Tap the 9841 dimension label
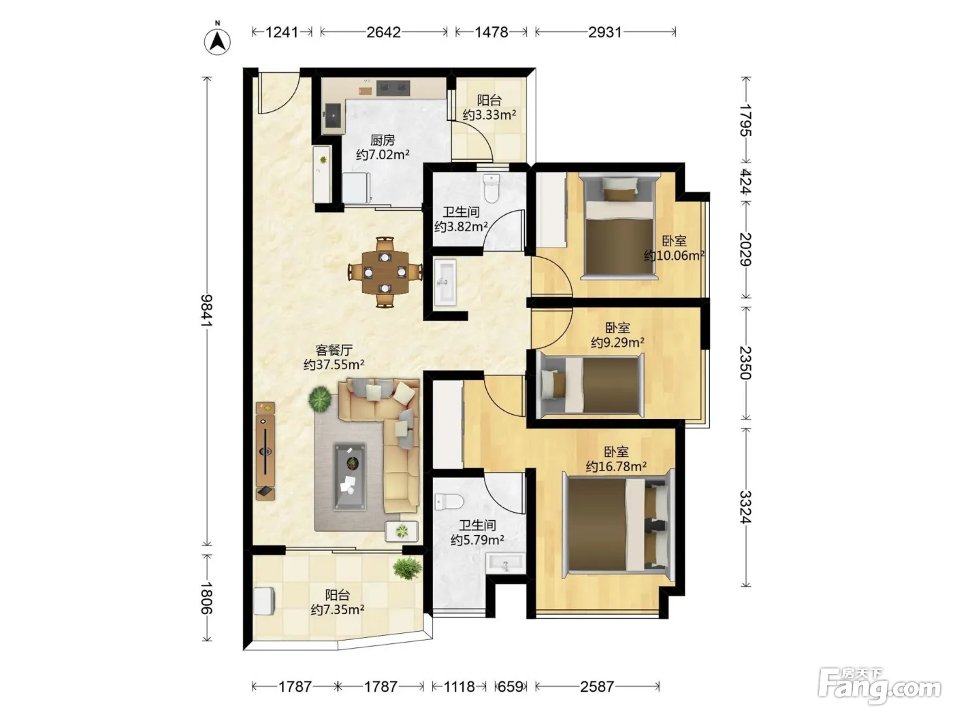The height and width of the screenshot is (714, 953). point(207,311)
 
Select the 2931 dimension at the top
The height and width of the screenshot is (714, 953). point(604,32)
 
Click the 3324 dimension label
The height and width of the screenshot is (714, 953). point(745,507)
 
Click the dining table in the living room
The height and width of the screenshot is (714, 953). point(385,272)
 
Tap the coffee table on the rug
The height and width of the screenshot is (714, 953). point(349,476)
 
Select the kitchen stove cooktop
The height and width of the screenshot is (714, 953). point(393,88)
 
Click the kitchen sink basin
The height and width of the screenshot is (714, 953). point(334,116)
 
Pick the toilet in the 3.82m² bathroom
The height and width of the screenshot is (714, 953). point(491,188)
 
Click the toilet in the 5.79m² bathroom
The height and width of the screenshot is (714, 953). point(449,502)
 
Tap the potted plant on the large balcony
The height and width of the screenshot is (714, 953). point(407,568)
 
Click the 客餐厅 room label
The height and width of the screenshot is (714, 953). point(334,350)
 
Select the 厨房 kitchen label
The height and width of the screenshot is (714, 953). point(383,140)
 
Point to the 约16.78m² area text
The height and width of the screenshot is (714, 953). point(615,467)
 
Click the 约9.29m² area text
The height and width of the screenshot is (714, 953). point(617,343)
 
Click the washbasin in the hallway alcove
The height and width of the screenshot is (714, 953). point(445,282)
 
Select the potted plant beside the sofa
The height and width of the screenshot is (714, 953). point(320,399)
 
